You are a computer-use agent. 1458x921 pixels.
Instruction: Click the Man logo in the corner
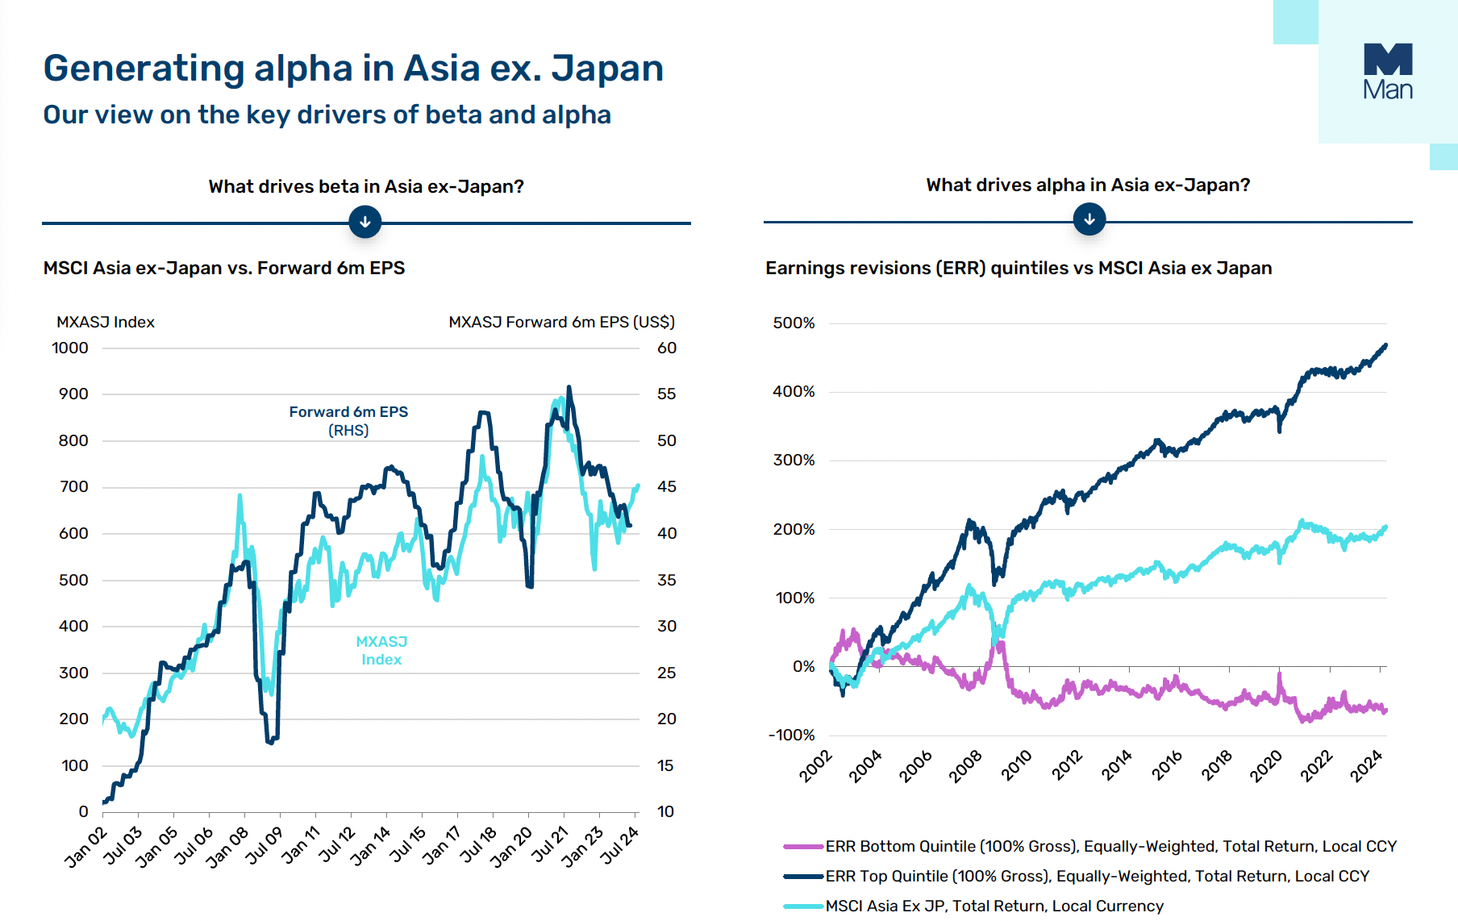(1388, 71)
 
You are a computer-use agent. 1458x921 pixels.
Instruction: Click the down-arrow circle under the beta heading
(365, 222)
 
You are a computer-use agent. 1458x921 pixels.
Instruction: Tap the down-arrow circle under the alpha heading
(1089, 219)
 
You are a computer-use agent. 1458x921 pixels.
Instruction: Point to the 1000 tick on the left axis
(70, 348)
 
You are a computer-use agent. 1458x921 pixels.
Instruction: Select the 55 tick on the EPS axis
(667, 394)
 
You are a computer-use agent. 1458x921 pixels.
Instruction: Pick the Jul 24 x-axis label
(620, 845)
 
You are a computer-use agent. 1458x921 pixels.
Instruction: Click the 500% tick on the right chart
(794, 323)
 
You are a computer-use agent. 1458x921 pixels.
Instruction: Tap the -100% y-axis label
(792, 735)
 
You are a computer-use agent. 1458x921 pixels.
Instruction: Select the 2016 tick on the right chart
(1167, 765)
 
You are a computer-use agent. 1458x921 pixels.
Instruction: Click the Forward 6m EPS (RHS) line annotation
(348, 420)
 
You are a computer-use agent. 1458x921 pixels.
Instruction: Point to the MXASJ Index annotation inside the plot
(381, 650)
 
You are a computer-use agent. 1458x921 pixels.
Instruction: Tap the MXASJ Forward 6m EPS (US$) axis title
(561, 322)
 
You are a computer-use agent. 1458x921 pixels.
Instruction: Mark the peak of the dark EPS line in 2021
(569, 388)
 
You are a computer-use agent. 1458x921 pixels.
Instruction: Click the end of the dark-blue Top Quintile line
(1385, 345)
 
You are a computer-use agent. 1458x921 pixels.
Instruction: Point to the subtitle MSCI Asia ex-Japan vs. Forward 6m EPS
(224, 268)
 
